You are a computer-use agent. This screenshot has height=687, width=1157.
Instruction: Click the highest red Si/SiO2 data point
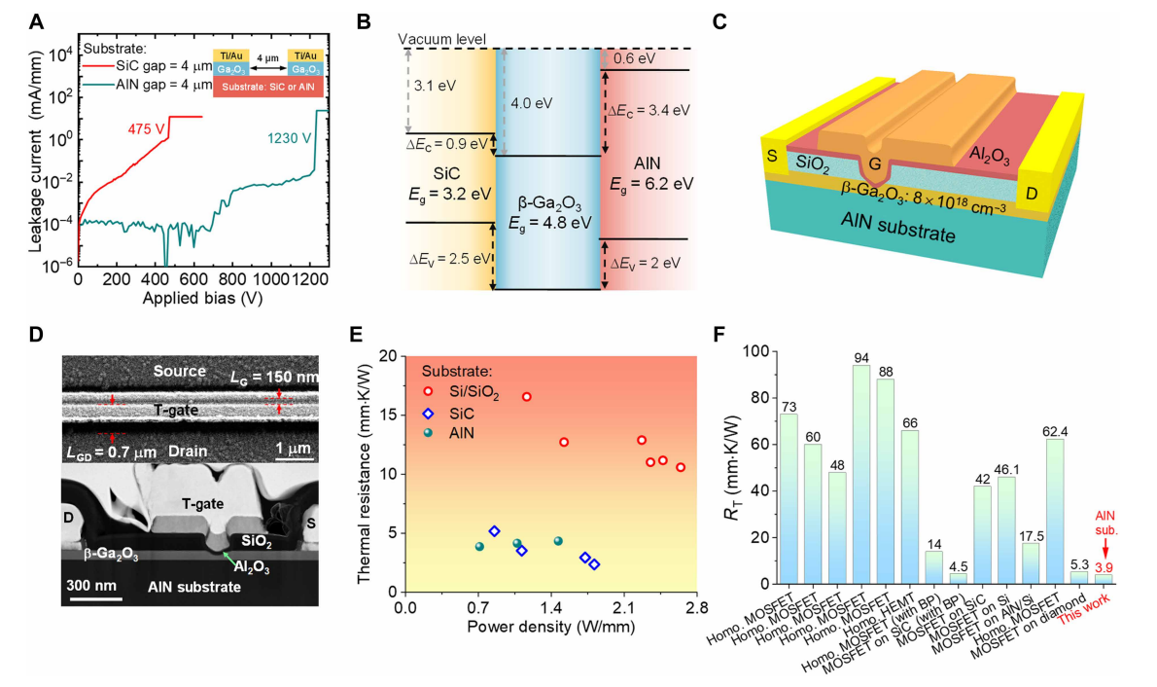click(x=527, y=397)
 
